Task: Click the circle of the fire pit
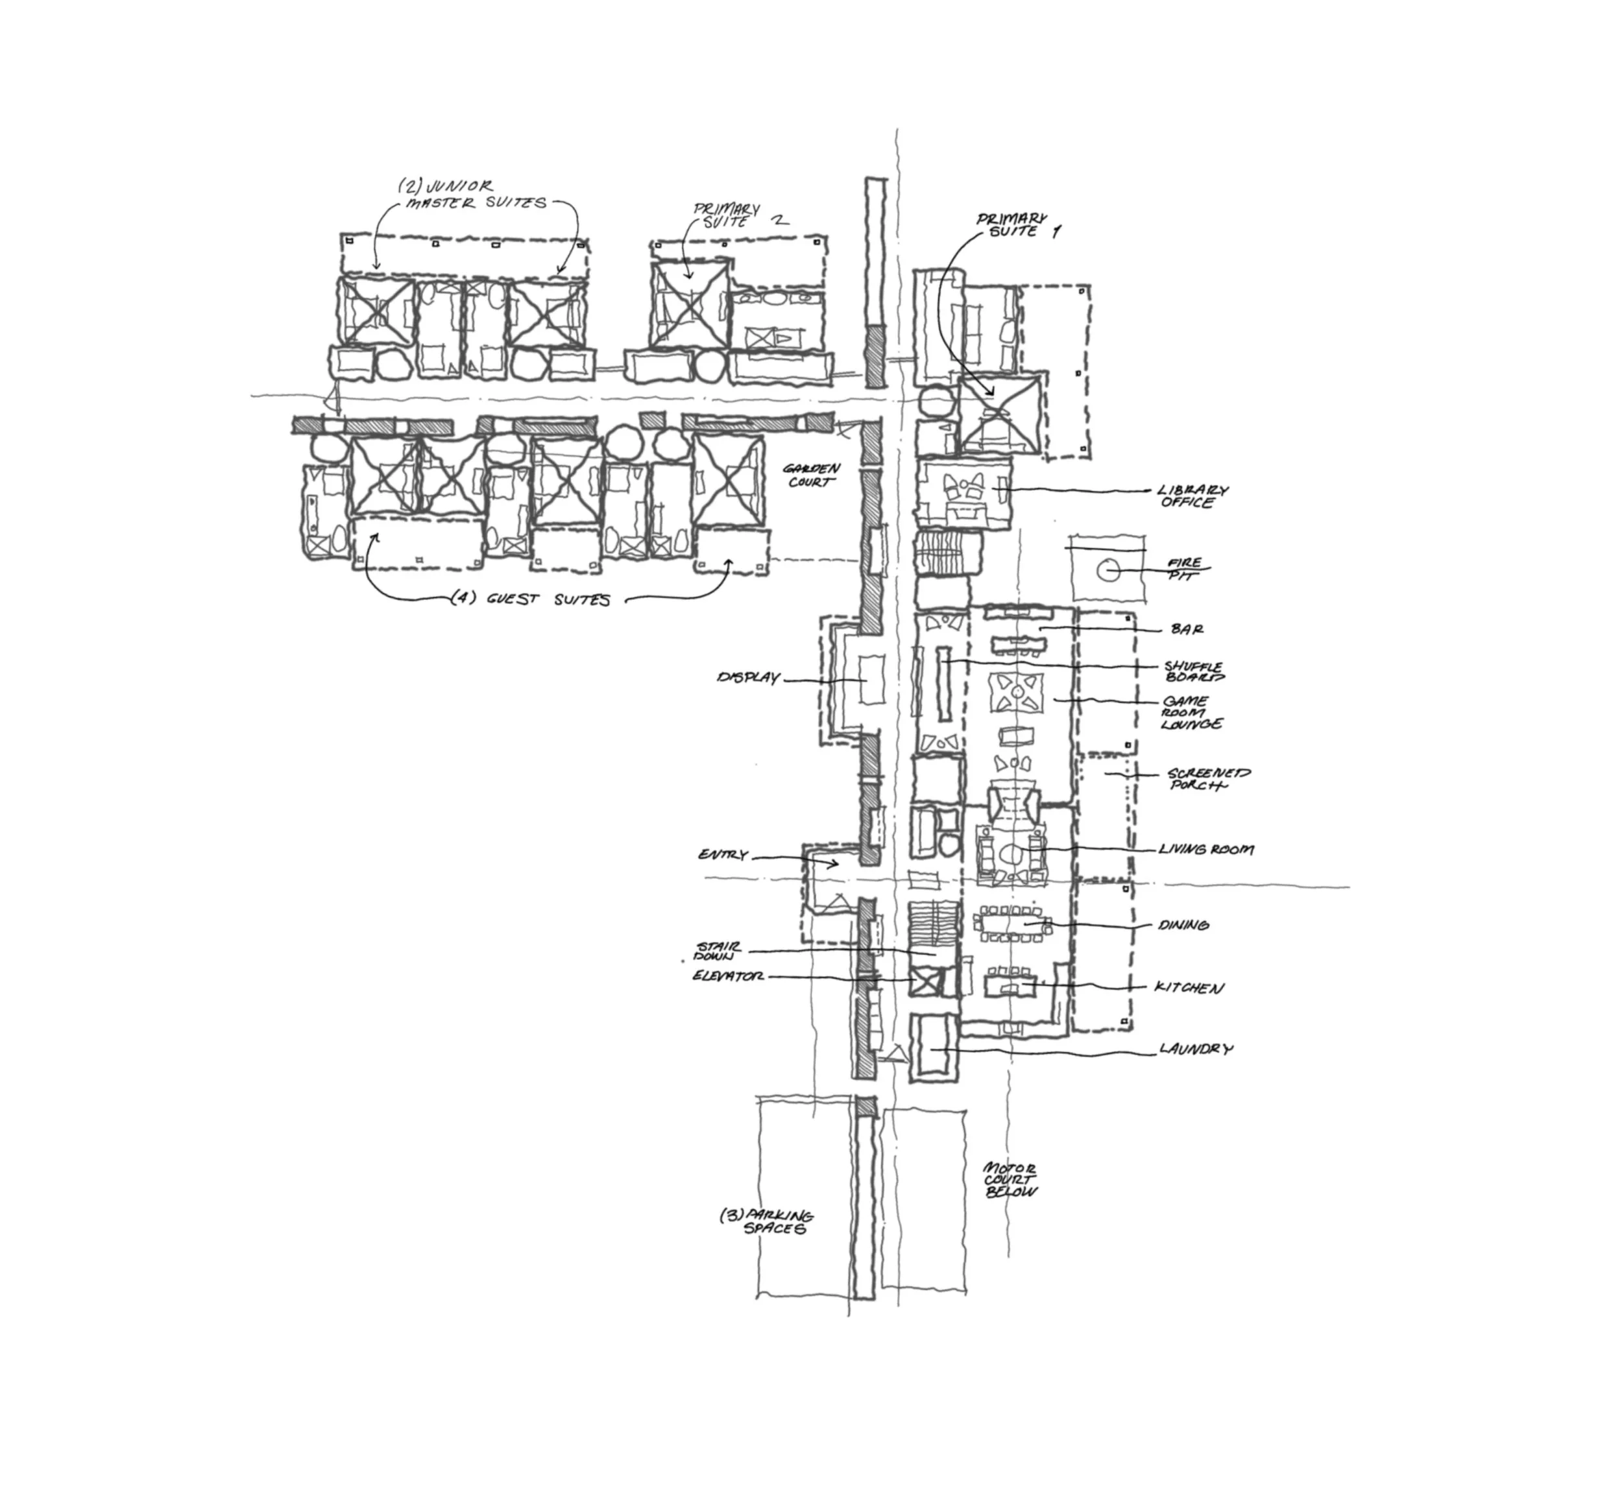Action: pyautogui.click(x=1107, y=571)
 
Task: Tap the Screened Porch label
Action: pyautogui.click(x=1208, y=779)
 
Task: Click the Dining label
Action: pyautogui.click(x=1183, y=924)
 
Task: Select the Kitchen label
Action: pyautogui.click(x=1189, y=987)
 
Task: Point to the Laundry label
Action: pyautogui.click(x=1196, y=1049)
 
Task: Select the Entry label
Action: pyautogui.click(x=723, y=856)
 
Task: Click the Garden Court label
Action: pyautogui.click(x=811, y=475)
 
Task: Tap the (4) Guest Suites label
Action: pyautogui.click(x=531, y=599)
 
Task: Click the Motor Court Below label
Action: pyautogui.click(x=1010, y=1180)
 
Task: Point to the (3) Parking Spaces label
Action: pyautogui.click(x=766, y=1221)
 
